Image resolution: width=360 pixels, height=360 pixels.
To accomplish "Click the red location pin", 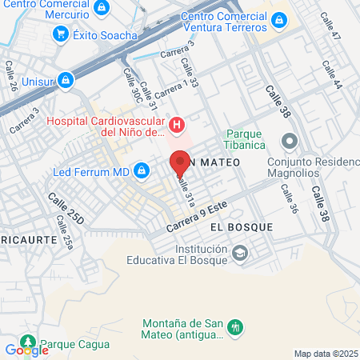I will tap(180, 164).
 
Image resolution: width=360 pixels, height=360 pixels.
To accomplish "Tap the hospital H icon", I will tap(178, 124).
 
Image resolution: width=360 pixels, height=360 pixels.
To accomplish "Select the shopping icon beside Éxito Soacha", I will tap(61, 34).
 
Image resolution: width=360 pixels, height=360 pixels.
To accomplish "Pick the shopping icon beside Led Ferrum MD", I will tap(142, 170).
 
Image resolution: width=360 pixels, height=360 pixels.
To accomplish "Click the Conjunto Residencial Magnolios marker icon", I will tap(290, 142).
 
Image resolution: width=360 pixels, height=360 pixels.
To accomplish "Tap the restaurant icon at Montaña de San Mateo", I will tap(235, 326).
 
